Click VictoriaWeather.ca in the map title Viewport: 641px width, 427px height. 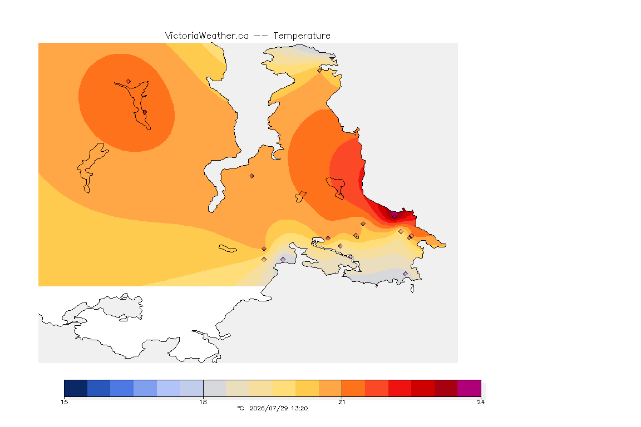(x=207, y=36)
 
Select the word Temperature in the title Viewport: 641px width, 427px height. (x=302, y=36)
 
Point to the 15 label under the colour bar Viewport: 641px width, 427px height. (x=65, y=402)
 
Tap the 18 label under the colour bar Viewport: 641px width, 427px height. (x=203, y=402)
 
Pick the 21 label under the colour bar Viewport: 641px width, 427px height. (x=342, y=402)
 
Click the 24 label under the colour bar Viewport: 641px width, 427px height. (x=481, y=402)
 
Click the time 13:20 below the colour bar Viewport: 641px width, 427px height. (x=300, y=408)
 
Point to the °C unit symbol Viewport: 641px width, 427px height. (x=240, y=408)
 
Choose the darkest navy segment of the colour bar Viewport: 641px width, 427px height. (x=76, y=388)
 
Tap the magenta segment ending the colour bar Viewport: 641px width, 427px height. (x=469, y=388)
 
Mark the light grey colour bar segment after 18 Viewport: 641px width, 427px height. (x=215, y=388)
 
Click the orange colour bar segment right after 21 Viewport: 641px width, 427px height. (x=353, y=388)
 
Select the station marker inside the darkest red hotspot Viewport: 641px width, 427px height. (x=395, y=216)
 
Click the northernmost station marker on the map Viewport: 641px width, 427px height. (x=320, y=70)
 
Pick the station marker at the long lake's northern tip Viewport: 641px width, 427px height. (x=129, y=82)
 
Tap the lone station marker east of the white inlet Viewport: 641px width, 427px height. (x=252, y=176)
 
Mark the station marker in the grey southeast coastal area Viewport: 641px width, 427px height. (x=405, y=274)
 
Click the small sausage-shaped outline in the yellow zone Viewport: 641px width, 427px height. (x=228, y=249)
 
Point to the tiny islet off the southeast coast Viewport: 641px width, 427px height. (x=412, y=289)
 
